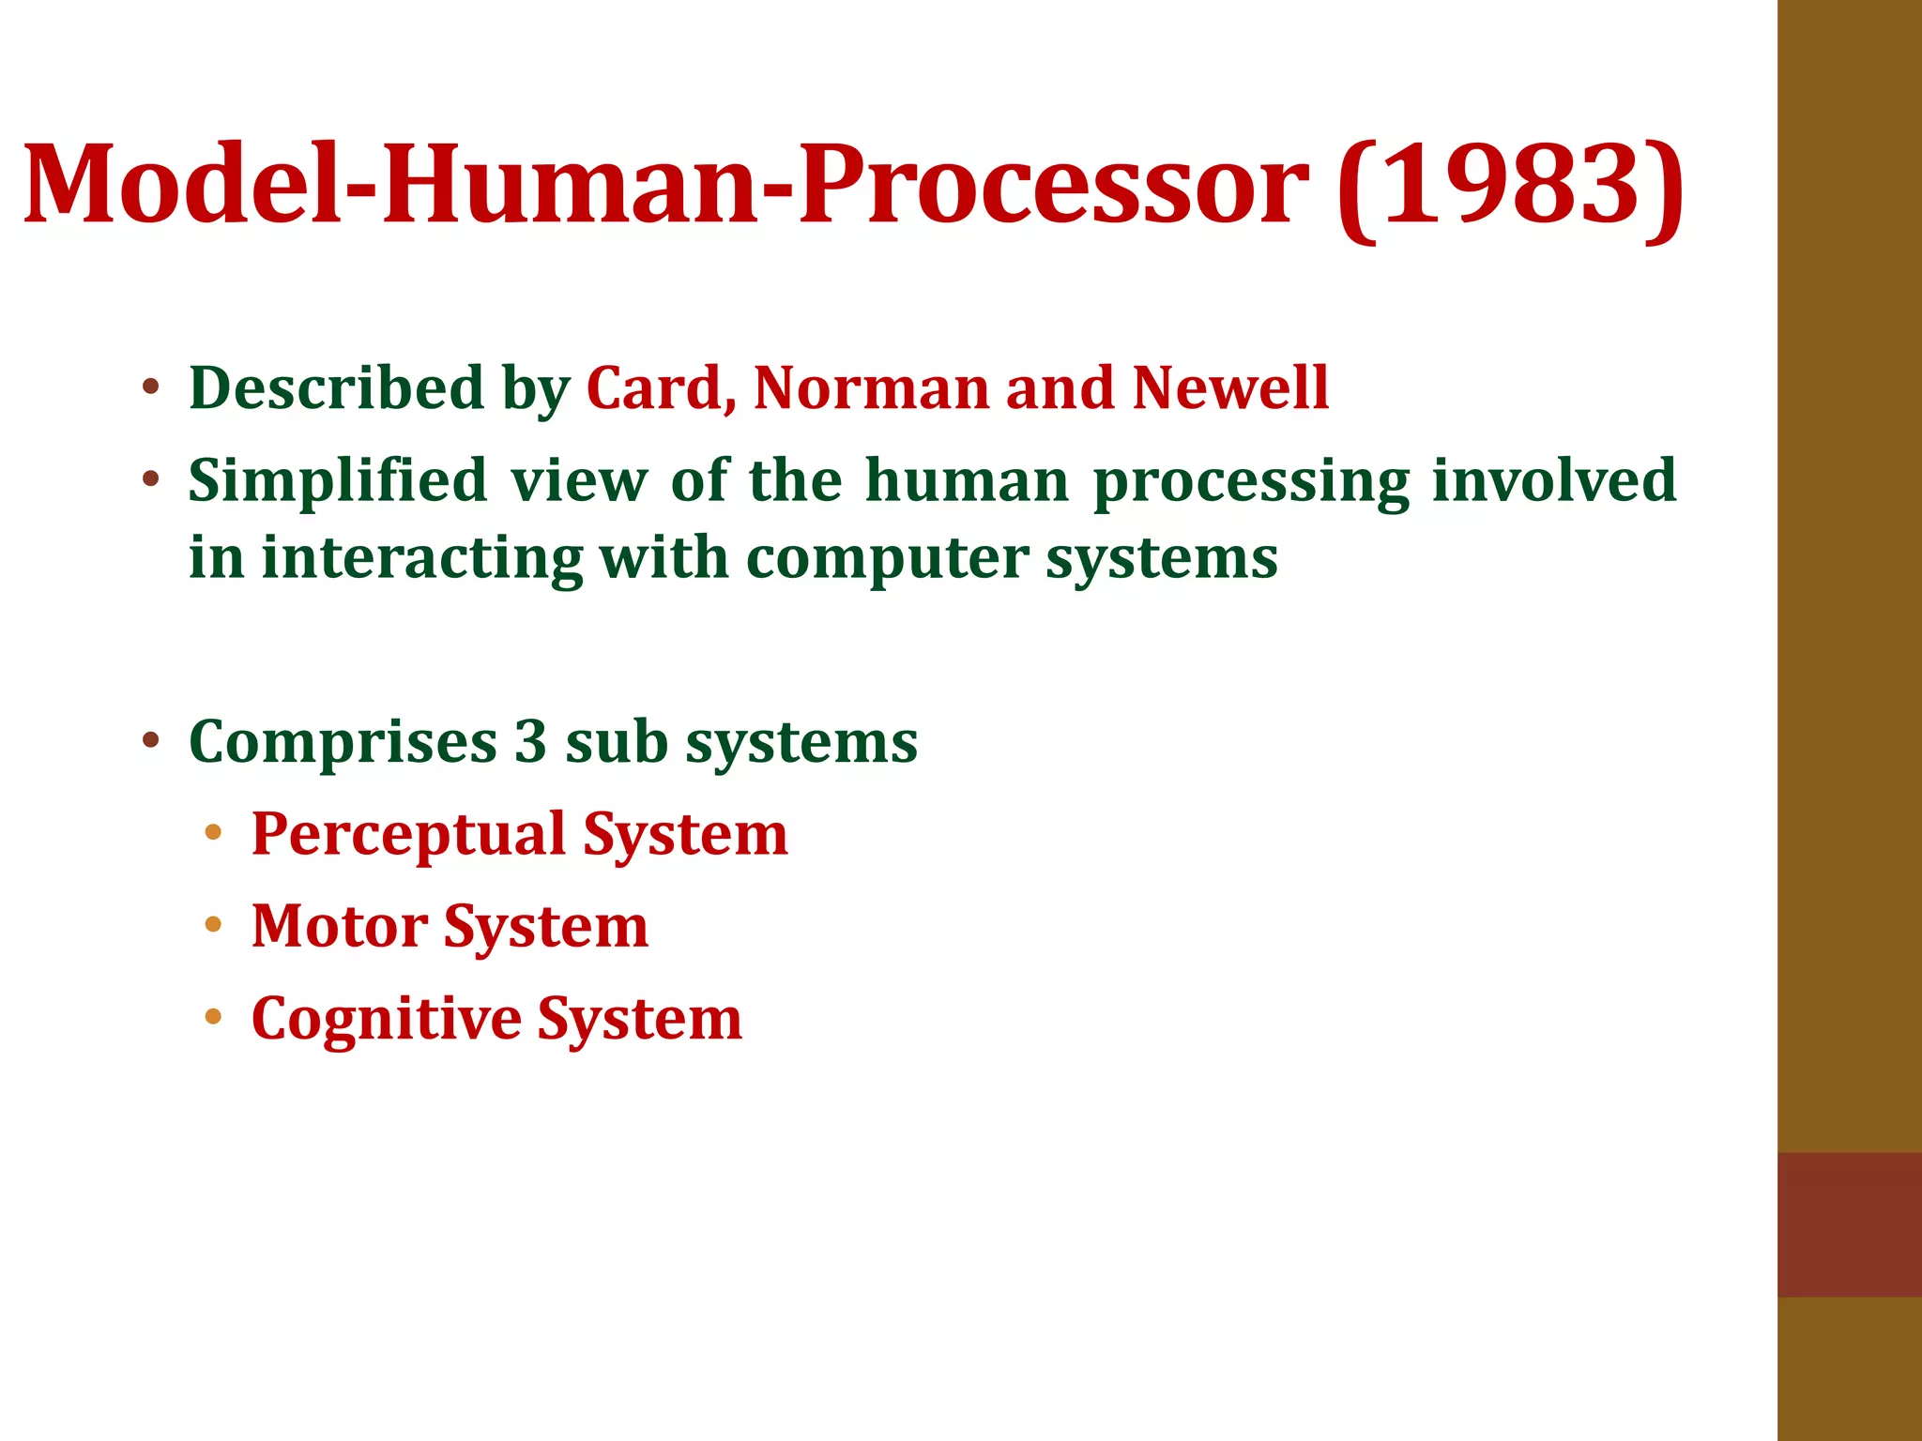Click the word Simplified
point(337,482)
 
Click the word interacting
point(421,558)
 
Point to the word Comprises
point(343,744)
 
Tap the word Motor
point(339,926)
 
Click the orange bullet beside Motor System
point(213,925)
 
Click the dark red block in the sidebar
point(1849,1223)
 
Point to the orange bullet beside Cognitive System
point(213,1017)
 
